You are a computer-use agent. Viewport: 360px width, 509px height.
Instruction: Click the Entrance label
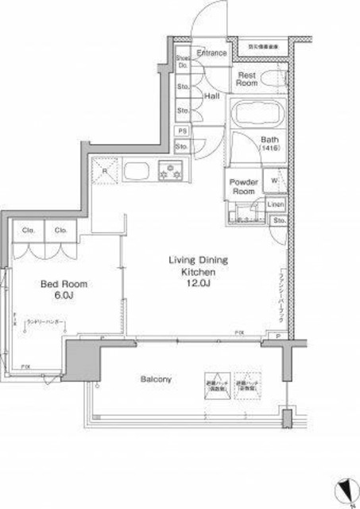pos(212,53)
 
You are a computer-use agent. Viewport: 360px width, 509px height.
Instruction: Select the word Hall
pos(212,95)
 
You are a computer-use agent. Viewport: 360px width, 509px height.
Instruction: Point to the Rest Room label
pos(247,78)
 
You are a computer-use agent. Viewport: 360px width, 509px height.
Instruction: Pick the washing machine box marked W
pos(275,180)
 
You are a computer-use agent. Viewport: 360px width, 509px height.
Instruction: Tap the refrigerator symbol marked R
pos(106,169)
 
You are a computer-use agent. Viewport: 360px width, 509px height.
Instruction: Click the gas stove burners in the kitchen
pos(170,169)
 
